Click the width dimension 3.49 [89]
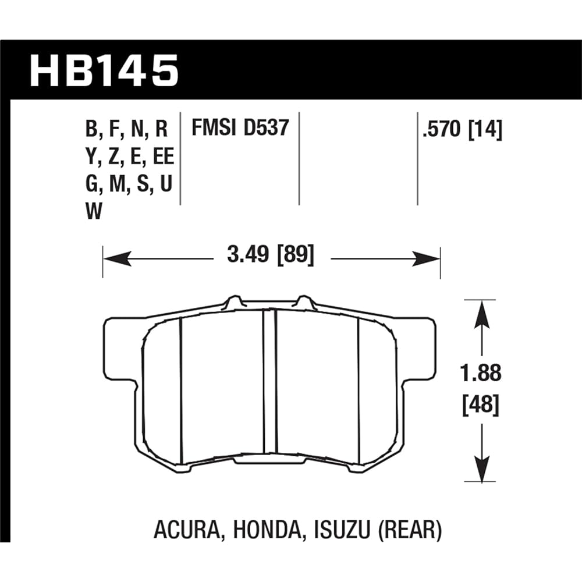pos(271,257)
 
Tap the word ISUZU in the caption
pos(336,530)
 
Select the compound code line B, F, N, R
pos(127,129)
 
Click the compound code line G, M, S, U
pos(129,184)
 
